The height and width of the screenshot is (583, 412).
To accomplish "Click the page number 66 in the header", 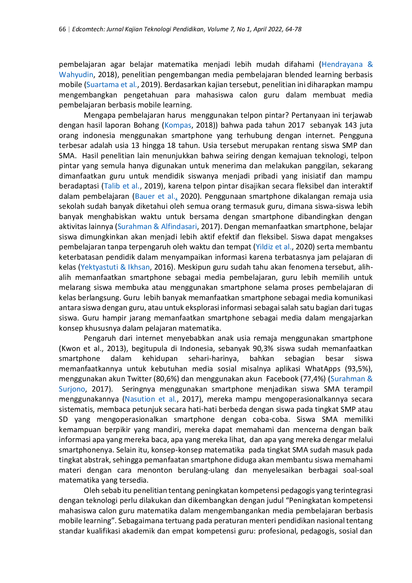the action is click(62, 29).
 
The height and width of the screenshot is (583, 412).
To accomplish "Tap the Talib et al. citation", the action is click(122, 186).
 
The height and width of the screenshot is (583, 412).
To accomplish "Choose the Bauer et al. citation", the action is click(155, 196).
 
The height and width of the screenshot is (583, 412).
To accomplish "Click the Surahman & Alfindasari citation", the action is click(157, 227).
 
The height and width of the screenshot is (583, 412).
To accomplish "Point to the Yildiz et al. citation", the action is click(274, 247).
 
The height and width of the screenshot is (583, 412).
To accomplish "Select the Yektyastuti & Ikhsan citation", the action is click(115, 267).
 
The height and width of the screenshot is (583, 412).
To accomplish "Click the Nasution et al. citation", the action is click(151, 399).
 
